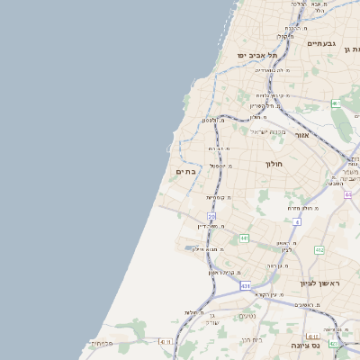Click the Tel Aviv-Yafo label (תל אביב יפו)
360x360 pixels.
(255, 55)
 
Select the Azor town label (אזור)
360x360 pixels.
(302, 135)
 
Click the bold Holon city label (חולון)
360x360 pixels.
(274, 165)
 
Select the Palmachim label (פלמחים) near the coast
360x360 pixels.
(102, 343)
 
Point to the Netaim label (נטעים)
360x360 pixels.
(247, 316)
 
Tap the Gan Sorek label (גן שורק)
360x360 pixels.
(211, 317)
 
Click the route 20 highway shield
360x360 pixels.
(211, 217)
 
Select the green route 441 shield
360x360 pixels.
(244, 238)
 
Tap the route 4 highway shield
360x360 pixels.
(296, 220)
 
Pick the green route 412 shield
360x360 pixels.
(319, 250)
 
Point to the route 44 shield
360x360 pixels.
(347, 194)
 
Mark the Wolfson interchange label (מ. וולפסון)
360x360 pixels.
(211, 121)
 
